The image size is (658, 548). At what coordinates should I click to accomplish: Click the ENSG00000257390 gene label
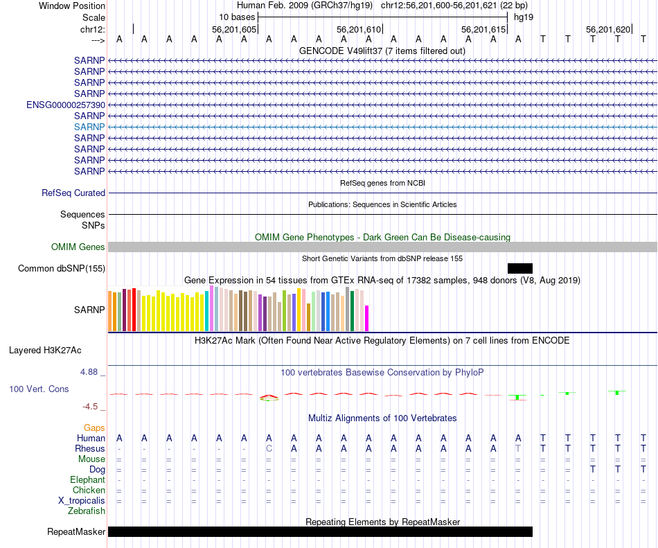coord(66,105)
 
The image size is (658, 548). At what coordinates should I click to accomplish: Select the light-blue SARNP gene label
coord(89,127)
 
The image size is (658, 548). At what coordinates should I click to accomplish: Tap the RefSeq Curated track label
coord(73,193)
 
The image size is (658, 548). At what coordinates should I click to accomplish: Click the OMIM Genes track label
coord(78,247)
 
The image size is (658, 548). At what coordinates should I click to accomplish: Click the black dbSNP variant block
coord(519,268)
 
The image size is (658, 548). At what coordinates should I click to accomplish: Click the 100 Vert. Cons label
coord(39,389)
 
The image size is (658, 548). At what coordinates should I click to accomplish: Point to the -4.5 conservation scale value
coord(91,407)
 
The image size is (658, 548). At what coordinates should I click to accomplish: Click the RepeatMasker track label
coord(76,532)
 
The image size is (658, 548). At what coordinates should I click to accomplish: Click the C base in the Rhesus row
coord(269,448)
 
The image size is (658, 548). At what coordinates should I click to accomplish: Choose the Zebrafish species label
coord(87,511)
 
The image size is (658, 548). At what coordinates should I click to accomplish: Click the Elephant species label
coord(87,479)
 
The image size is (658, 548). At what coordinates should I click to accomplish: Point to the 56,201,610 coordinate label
coord(359,30)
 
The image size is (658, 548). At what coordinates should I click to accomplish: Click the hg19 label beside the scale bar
coord(522,17)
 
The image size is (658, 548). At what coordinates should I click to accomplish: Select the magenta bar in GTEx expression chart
coord(366,318)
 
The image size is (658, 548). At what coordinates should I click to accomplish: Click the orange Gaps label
coord(94,428)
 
